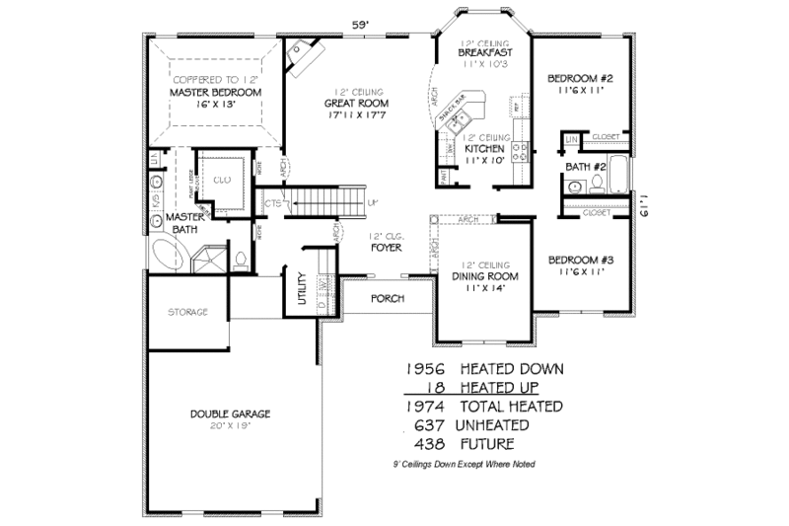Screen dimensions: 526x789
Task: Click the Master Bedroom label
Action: click(214, 93)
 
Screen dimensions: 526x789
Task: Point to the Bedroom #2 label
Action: click(580, 78)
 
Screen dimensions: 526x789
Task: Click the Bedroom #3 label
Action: click(580, 260)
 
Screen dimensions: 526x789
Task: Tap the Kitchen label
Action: click(484, 149)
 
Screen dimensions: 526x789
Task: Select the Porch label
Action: click(387, 298)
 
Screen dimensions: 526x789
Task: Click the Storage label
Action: click(185, 312)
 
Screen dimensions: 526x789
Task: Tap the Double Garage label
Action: click(232, 413)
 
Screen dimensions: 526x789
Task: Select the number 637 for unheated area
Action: click(432, 424)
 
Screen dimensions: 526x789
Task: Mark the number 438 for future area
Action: click(432, 443)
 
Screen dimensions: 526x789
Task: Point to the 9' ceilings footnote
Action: click(464, 464)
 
